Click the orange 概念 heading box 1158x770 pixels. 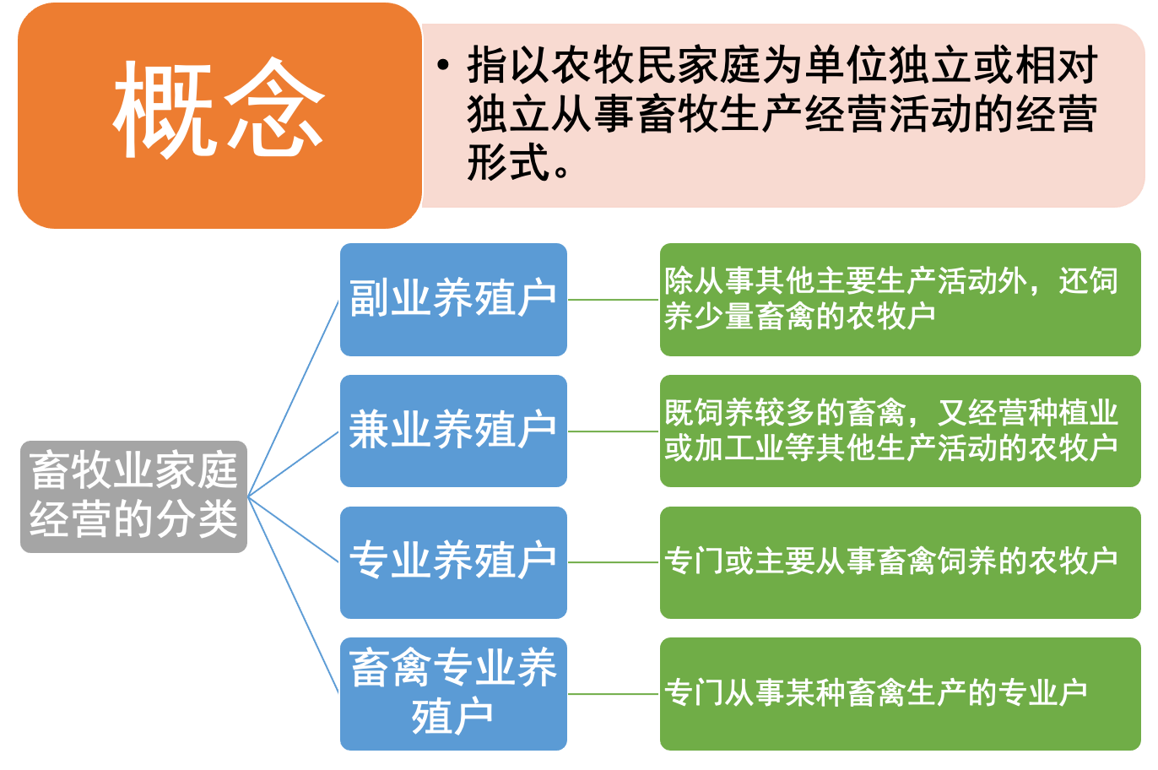(x=219, y=116)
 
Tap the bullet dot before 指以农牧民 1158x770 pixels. (x=442, y=66)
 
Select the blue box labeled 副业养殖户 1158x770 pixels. (x=453, y=299)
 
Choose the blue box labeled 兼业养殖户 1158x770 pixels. (x=453, y=431)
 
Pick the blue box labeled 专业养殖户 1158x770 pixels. (x=453, y=561)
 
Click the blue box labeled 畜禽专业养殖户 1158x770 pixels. (x=453, y=693)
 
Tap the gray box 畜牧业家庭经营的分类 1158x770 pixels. (x=133, y=496)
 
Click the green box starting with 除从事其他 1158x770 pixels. (x=900, y=299)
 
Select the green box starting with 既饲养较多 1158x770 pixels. (x=900, y=431)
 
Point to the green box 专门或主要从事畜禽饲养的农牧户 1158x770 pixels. (x=900, y=561)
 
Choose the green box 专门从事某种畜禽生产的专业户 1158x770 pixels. (x=900, y=693)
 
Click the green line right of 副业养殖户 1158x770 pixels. (x=614, y=300)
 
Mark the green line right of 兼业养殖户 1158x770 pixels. (x=614, y=431)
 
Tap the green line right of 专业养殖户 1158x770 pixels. (x=614, y=562)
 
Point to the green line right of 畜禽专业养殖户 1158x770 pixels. (x=614, y=694)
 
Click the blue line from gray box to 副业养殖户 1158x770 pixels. (x=294, y=397)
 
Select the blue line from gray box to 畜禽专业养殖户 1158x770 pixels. (x=294, y=595)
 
